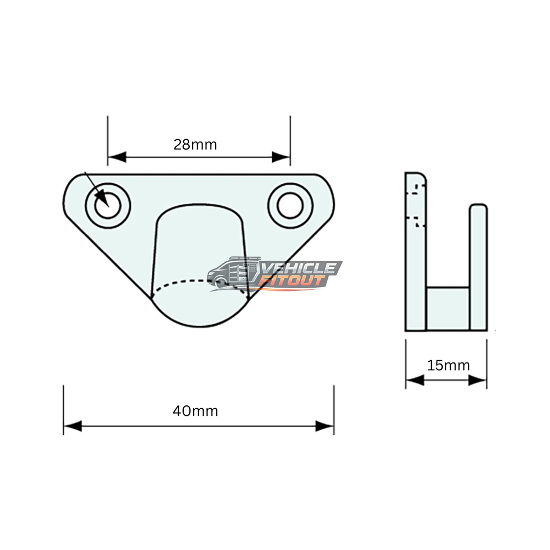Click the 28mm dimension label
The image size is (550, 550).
click(195, 145)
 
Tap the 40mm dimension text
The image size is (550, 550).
click(195, 411)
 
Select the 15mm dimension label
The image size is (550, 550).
click(448, 366)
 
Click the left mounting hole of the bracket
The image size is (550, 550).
click(108, 206)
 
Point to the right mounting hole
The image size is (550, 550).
click(290, 206)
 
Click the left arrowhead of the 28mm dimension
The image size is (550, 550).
click(117, 157)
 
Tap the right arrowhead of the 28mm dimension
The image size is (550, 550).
click(281, 157)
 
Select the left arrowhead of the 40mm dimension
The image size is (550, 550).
click(73, 426)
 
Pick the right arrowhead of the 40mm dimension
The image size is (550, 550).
click(325, 426)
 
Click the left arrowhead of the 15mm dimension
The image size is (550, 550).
click(415, 380)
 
